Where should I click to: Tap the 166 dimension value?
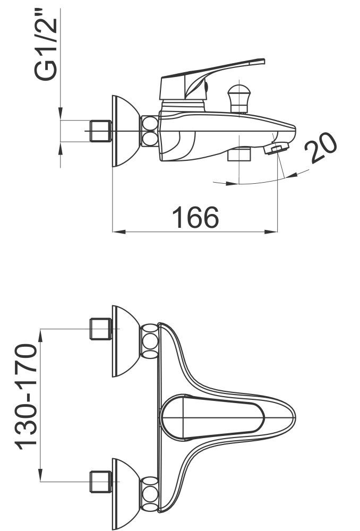tap(195, 217)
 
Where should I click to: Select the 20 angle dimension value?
tap(320, 148)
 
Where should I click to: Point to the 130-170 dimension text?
tap(25, 397)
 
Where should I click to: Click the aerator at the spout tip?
tap(276, 148)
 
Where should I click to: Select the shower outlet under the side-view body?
tap(239, 154)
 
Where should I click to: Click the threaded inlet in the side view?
tap(101, 131)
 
